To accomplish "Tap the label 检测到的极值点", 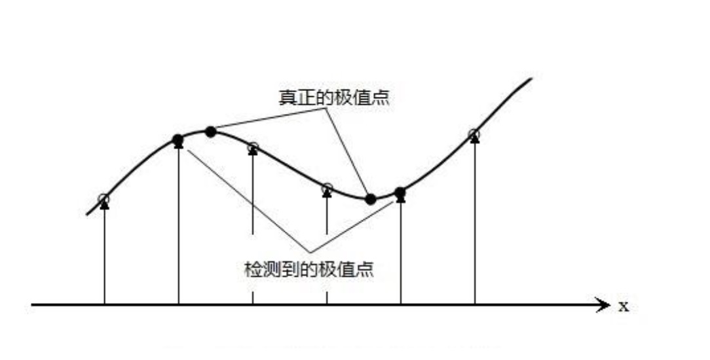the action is [x=308, y=269].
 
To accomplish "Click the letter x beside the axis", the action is [x=623, y=306].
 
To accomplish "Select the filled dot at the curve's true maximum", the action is [x=210, y=132].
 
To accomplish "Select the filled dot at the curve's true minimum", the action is [x=370, y=199].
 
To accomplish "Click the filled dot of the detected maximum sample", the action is [x=177, y=139].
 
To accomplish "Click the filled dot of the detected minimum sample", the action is [x=400, y=192].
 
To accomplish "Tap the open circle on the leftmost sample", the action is [x=103, y=198].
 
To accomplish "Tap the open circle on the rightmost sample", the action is [x=474, y=135].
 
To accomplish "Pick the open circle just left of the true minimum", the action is [x=327, y=189].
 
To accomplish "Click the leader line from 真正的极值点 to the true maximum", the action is [x=269, y=119].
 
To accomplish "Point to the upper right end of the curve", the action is [x=531, y=79].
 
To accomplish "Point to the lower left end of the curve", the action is [x=87, y=213].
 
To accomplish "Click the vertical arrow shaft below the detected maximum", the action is [x=178, y=229].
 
